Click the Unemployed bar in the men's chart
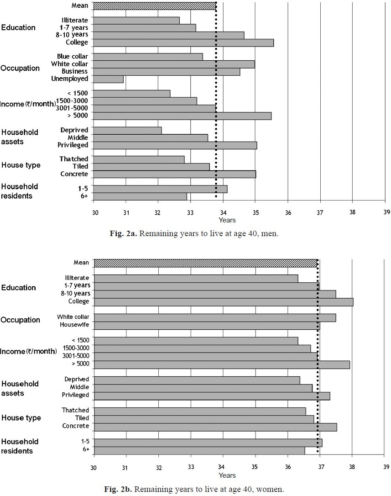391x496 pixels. (x=109, y=79)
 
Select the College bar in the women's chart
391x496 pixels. (x=224, y=302)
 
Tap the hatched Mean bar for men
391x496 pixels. (x=155, y=5)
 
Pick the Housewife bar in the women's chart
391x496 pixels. (x=207, y=326)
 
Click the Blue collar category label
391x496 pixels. (x=73, y=56)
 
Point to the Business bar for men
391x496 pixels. (x=167, y=72)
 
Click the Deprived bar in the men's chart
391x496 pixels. (x=127, y=130)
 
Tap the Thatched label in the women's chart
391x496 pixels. (x=75, y=410)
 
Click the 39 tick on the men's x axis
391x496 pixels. (x=387, y=212)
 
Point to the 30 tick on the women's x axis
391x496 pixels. (x=94, y=467)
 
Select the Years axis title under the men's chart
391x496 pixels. (x=227, y=220)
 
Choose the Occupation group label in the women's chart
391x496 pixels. (x=20, y=320)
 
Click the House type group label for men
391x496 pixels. (x=21, y=165)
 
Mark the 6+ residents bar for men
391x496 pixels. (x=140, y=196)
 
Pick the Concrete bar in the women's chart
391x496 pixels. (x=215, y=427)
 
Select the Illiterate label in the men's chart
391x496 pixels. (x=75, y=20)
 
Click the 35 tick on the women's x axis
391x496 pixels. (x=255, y=467)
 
